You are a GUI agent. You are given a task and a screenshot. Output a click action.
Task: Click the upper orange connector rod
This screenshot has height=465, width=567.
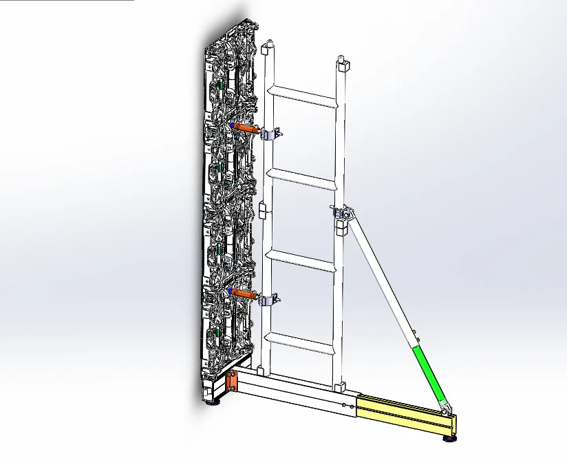(x=245, y=128)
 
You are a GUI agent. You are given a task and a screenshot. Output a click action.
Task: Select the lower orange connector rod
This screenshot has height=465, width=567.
(x=244, y=294)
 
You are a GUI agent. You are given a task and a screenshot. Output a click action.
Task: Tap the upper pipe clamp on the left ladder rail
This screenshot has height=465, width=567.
(x=270, y=134)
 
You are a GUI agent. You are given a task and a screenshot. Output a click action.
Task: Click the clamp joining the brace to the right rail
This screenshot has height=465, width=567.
(x=342, y=216)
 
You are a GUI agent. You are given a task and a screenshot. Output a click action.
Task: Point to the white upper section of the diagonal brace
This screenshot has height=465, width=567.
(x=382, y=276)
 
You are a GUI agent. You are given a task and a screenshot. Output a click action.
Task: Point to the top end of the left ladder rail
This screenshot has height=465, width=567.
(x=267, y=48)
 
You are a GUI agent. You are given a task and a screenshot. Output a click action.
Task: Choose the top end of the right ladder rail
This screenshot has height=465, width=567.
(x=341, y=65)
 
